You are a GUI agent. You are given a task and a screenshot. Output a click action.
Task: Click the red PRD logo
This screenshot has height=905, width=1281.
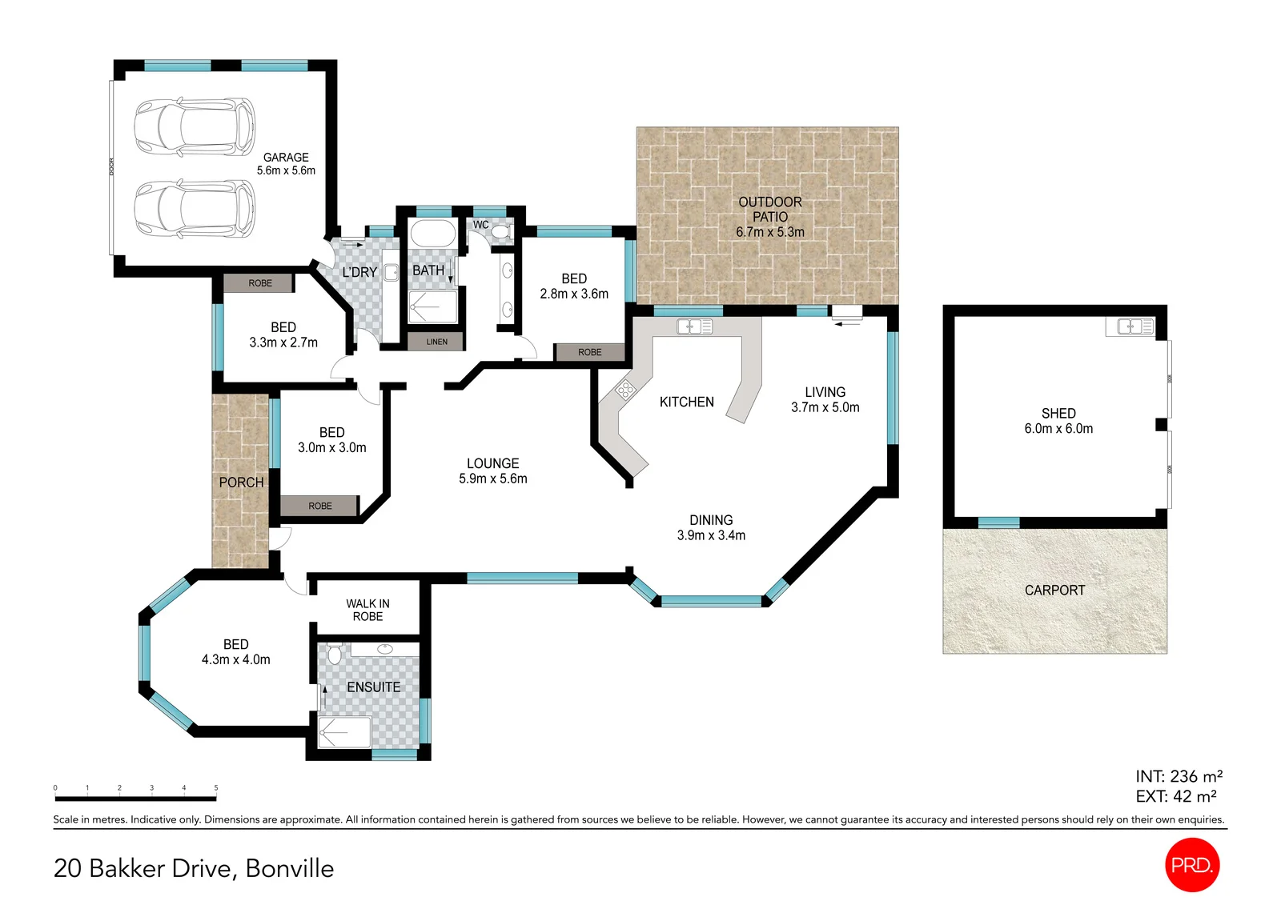[1192, 865]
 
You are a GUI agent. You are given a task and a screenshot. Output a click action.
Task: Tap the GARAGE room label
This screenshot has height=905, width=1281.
[286, 157]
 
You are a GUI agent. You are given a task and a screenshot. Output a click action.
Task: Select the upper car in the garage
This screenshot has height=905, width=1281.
[195, 126]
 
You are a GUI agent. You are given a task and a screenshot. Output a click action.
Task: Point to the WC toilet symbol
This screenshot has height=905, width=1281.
[500, 231]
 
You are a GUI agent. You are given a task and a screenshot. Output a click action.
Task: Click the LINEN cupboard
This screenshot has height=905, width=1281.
[436, 342]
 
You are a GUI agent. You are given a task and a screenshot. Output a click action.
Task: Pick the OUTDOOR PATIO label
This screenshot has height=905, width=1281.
[769, 217]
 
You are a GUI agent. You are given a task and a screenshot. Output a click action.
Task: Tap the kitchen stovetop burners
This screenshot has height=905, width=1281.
[625, 390]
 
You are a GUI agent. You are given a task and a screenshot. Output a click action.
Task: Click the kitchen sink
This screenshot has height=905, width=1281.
[694, 326]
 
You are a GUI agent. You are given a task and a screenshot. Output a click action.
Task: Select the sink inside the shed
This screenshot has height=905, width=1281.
[1130, 327]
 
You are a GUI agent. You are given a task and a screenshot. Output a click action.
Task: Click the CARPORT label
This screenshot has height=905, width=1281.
[1054, 590]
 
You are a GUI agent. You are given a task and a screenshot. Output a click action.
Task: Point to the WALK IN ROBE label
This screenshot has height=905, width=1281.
[367, 610]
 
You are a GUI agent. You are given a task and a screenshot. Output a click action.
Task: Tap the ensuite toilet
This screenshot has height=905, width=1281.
[334, 654]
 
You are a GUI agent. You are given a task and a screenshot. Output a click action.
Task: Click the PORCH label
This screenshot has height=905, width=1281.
[241, 483]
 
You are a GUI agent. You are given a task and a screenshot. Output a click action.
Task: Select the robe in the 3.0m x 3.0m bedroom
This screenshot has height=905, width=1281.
[319, 506]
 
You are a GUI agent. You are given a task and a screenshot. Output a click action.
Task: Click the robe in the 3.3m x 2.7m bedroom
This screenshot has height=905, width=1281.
[259, 283]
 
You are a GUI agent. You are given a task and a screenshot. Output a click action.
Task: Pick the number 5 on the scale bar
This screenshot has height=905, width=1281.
[216, 788]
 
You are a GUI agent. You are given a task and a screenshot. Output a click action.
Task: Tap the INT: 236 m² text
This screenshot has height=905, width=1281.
[1179, 776]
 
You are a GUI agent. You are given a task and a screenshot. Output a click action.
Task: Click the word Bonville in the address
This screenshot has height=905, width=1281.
[290, 868]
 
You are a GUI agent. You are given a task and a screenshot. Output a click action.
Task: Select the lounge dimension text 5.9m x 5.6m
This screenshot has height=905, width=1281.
[493, 479]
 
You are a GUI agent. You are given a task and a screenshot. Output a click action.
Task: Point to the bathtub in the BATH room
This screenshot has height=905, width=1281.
[433, 234]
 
